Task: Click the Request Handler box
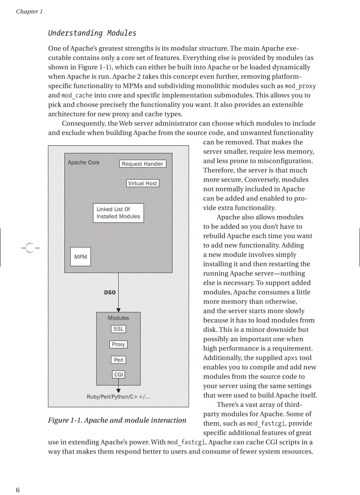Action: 142,164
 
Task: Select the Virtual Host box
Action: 142,183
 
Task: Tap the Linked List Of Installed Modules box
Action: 118,213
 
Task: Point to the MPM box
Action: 81,257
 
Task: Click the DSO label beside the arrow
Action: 110,292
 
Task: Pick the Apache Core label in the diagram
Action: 83,163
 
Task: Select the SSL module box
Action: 118,329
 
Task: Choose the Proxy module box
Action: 118,345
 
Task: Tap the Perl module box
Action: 118,360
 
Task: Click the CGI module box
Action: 118,375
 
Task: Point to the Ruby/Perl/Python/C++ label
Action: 118,397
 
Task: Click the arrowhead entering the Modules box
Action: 118,310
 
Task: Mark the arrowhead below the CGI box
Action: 118,390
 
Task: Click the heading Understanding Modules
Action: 92,33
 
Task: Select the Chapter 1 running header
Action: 29,11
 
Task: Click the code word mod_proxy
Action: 300,86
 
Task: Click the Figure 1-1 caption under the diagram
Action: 117,420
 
